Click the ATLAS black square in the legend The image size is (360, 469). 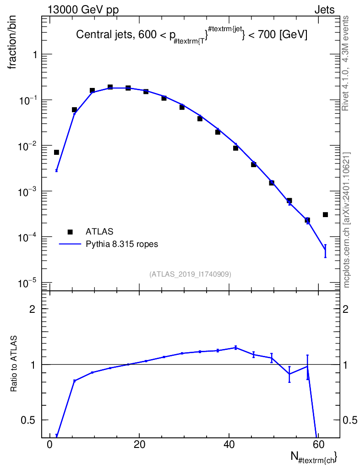tap(70, 232)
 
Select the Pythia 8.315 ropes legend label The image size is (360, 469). tap(122, 244)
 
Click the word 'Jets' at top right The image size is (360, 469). tap(324, 10)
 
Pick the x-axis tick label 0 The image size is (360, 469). tap(50, 445)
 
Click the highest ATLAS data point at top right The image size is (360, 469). tap(325, 214)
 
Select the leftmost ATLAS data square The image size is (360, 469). tap(56, 152)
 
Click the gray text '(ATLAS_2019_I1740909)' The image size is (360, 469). tap(190, 274)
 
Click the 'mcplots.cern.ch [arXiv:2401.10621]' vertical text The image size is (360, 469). tap(347, 220)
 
